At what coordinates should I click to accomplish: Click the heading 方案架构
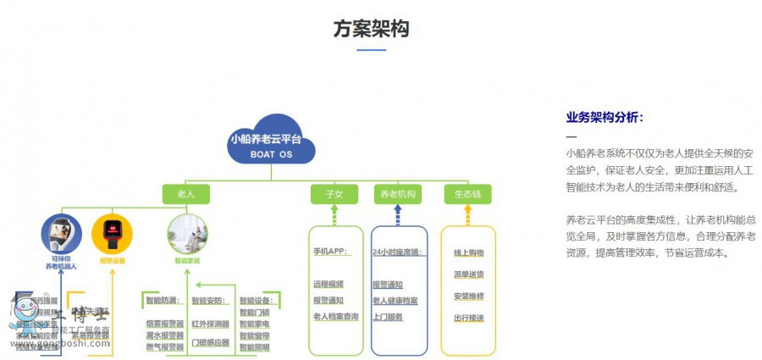371,29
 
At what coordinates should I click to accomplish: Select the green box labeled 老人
185,194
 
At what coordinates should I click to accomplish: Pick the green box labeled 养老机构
396,194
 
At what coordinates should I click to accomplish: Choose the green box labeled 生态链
467,194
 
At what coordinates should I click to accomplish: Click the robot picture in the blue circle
61,232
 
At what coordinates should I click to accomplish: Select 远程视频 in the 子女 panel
329,284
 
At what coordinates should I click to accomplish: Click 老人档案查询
336,317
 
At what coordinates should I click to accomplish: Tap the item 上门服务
387,317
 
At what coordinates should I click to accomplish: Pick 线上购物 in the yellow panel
468,252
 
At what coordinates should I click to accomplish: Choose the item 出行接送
468,318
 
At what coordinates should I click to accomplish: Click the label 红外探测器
210,324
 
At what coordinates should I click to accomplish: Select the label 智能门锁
254,312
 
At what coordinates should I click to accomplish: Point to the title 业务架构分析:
604,118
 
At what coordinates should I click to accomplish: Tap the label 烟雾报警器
164,324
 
